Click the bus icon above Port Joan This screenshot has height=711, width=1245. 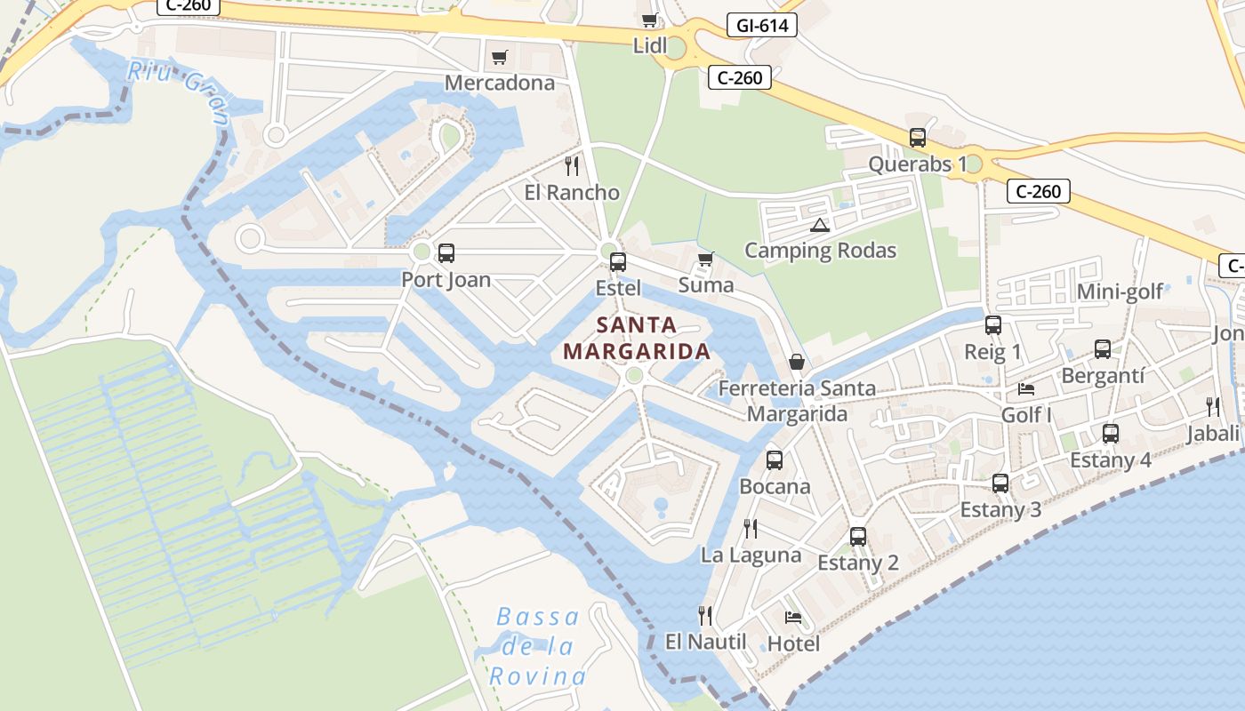click(446, 253)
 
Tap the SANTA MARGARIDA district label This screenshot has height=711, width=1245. click(637, 339)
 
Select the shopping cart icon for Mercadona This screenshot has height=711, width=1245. click(500, 58)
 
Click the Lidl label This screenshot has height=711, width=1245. click(649, 45)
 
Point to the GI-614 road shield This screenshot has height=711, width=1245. click(762, 26)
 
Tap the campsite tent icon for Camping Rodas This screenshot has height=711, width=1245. click(819, 225)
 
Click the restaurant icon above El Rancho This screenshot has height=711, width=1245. click(572, 166)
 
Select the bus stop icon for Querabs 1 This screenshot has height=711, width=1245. click(918, 139)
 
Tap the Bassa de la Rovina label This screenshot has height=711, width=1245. click(537, 646)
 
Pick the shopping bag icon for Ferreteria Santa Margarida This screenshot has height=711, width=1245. click(797, 363)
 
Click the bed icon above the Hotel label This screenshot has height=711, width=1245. click(793, 618)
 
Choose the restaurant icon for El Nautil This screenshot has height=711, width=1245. click(705, 615)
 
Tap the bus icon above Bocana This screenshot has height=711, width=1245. click(775, 460)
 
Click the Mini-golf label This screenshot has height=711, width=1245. click(1120, 292)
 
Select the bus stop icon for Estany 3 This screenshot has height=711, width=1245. click(1000, 483)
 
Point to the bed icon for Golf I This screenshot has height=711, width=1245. click(1026, 389)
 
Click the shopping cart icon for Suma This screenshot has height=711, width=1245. click(705, 260)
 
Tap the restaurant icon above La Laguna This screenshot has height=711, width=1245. click(751, 529)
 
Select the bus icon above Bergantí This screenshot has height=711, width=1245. click(1103, 349)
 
